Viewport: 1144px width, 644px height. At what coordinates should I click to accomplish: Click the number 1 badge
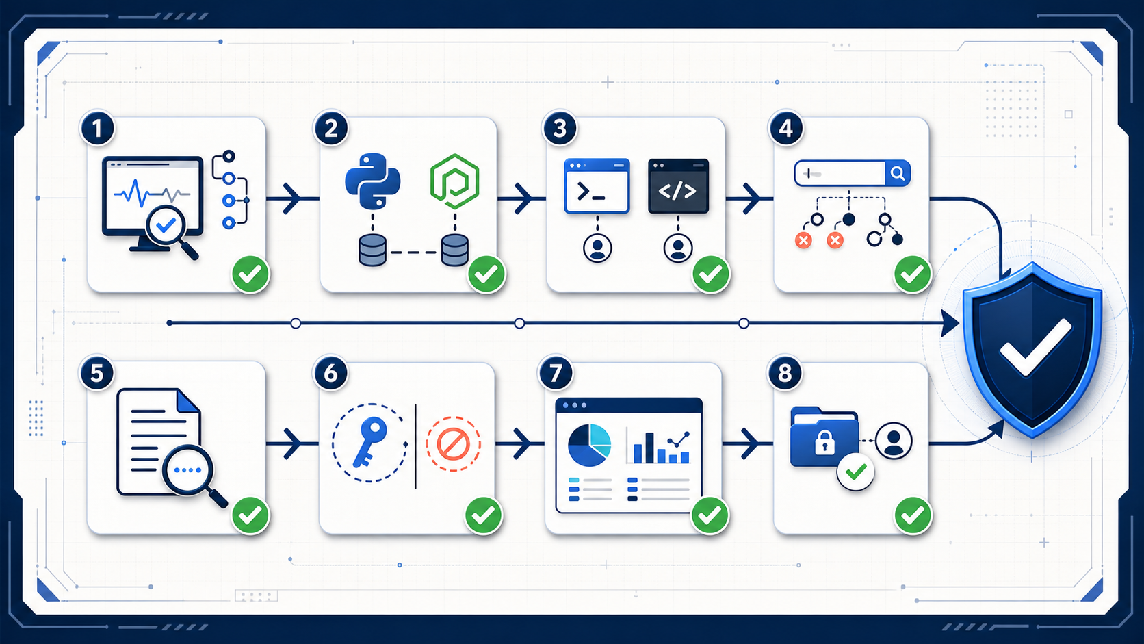pyautogui.click(x=98, y=128)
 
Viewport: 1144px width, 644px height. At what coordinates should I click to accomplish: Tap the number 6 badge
pyautogui.click(x=330, y=373)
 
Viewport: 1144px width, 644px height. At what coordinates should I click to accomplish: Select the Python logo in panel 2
pyautogui.click(x=373, y=181)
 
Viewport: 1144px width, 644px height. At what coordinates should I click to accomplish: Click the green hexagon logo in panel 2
pyautogui.click(x=454, y=182)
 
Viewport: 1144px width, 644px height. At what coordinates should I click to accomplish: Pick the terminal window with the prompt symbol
pyautogui.click(x=597, y=186)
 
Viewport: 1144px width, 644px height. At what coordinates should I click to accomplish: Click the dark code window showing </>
pyautogui.click(x=678, y=186)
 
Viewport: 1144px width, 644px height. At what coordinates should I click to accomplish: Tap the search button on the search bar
pyautogui.click(x=897, y=173)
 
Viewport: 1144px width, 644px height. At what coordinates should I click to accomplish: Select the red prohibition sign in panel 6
pyautogui.click(x=453, y=443)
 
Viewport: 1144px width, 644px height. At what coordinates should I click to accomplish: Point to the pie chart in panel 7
pyautogui.click(x=589, y=445)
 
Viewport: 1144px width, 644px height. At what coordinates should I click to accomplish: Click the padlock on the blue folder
pyautogui.click(x=824, y=442)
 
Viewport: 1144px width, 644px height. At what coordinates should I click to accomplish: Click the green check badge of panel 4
pyautogui.click(x=913, y=274)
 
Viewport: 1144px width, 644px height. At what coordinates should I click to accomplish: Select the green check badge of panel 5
pyautogui.click(x=250, y=515)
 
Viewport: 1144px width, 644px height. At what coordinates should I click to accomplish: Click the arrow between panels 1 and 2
pyautogui.click(x=291, y=198)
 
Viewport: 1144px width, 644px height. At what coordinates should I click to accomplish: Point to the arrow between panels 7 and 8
pyautogui.click(x=747, y=443)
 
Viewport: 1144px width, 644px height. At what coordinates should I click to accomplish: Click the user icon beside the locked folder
pyautogui.click(x=894, y=440)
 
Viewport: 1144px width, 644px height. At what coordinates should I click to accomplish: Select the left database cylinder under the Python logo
pyautogui.click(x=372, y=250)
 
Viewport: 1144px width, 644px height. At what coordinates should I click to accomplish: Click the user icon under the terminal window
pyautogui.click(x=597, y=248)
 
